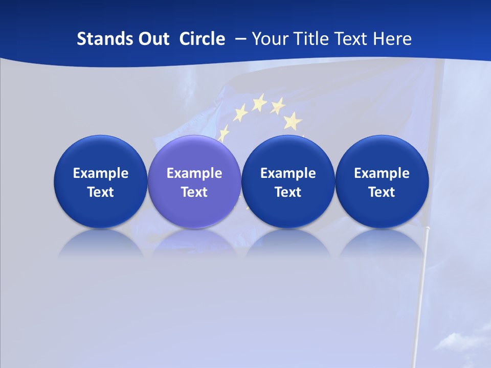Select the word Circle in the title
(202, 39)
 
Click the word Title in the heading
(310, 39)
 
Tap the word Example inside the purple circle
(194, 173)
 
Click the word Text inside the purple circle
(194, 192)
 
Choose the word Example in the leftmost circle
(101, 173)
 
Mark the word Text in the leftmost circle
(101, 192)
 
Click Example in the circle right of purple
(288, 173)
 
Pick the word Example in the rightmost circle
(382, 173)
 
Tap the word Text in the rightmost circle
(382, 192)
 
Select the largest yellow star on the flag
(293, 121)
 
